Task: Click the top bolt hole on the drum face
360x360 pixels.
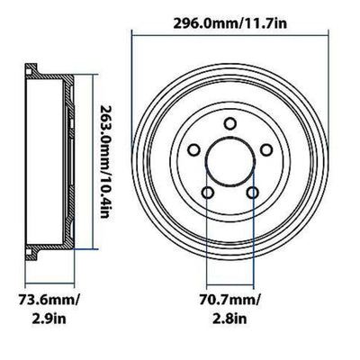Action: coord(230,124)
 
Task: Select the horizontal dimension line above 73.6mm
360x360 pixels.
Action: coord(48,282)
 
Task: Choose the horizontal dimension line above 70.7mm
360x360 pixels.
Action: coord(230,282)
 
